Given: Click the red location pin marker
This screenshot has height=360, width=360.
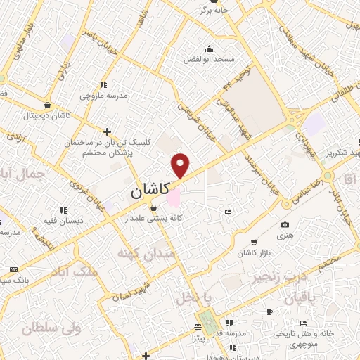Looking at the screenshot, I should pyautogui.click(x=181, y=165).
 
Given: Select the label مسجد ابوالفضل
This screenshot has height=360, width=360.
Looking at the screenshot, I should pyautogui.click(x=209, y=60).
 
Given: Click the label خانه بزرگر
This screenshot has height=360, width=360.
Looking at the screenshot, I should pyautogui.click(x=216, y=11).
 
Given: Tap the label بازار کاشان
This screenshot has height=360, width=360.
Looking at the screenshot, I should pyautogui.click(x=254, y=252).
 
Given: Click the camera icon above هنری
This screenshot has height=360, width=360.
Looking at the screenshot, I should pyautogui.click(x=285, y=225).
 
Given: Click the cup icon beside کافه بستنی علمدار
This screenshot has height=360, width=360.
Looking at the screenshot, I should pyautogui.click(x=154, y=207).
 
